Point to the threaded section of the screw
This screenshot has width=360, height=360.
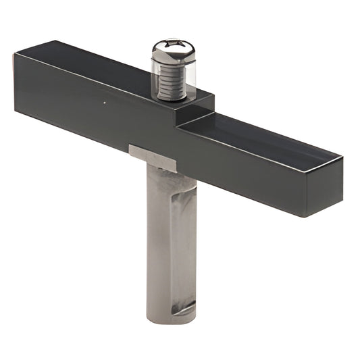pos(172,78)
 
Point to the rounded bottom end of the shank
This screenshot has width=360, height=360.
pos(171,317)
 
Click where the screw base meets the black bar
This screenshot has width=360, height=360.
pos(172,99)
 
